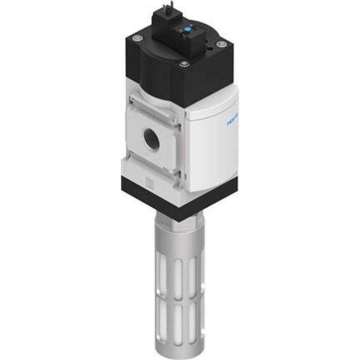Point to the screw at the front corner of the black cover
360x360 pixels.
[x=184, y=64]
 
